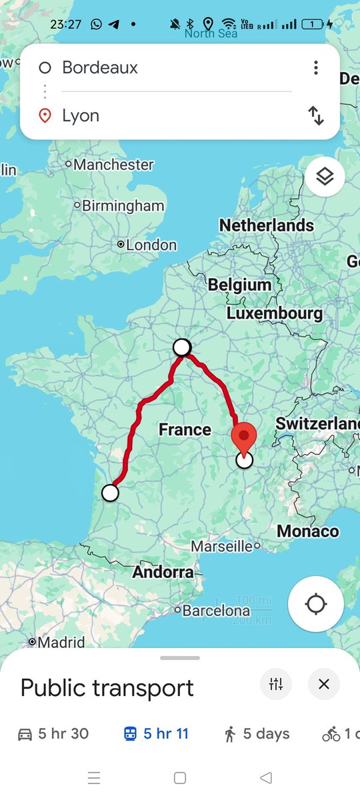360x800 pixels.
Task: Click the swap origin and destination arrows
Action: (316, 116)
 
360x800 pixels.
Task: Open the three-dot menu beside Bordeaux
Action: (316, 67)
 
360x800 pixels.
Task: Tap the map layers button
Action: (325, 177)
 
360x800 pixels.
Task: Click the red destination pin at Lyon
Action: (244, 437)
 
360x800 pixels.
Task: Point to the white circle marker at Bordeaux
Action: (110, 493)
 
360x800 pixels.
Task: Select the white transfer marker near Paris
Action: (182, 347)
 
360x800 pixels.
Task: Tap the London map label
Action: (151, 245)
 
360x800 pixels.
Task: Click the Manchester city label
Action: (113, 165)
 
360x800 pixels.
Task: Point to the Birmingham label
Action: (123, 206)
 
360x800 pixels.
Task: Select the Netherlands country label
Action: (267, 225)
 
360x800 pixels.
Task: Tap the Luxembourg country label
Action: (274, 313)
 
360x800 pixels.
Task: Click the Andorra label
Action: (163, 572)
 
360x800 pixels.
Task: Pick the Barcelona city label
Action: (216, 611)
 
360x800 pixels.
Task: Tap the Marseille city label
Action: (222, 547)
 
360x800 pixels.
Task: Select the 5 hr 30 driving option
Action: (53, 734)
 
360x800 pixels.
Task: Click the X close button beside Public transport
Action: (324, 684)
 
